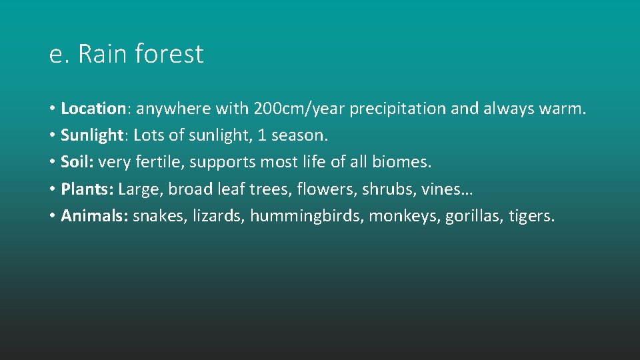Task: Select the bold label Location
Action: tap(93, 108)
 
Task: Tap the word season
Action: tap(300, 135)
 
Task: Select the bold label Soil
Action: tap(75, 162)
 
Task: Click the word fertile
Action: tap(159, 162)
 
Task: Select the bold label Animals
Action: tap(94, 216)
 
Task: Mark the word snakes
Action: tap(160, 216)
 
